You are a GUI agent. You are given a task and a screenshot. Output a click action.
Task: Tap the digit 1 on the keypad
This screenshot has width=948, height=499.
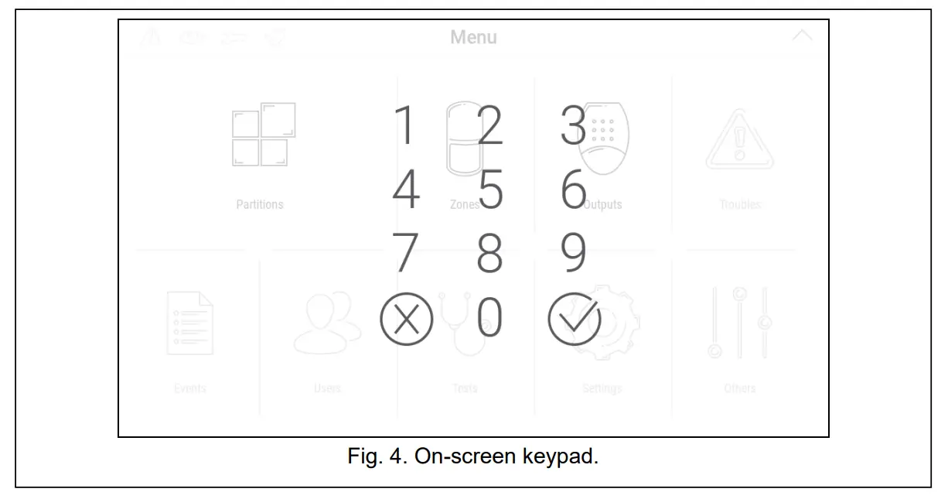point(405,126)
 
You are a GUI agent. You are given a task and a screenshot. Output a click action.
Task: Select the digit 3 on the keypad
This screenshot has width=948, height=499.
point(573,126)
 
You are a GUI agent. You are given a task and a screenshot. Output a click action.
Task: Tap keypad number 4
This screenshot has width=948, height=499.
point(406,190)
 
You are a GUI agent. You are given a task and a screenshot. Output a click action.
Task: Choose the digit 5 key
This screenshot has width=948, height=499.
point(489,190)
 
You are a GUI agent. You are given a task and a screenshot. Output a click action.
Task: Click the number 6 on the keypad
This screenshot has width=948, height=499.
point(574,190)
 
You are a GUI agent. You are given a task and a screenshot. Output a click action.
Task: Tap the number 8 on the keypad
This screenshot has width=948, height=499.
point(489,254)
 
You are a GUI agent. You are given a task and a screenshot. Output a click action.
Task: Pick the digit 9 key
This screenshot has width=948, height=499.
point(574,254)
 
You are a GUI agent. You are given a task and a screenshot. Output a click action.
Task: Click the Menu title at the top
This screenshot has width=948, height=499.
point(473,37)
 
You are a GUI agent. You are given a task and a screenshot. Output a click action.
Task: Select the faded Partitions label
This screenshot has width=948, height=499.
point(260,205)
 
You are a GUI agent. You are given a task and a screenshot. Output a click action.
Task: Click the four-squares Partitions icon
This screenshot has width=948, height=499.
point(263,135)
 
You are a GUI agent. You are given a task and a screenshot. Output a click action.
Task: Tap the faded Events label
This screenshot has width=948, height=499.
point(190,388)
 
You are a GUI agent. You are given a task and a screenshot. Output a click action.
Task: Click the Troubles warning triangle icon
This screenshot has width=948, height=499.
point(739,141)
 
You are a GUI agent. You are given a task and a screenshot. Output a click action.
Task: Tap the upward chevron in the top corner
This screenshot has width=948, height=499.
point(803,36)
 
